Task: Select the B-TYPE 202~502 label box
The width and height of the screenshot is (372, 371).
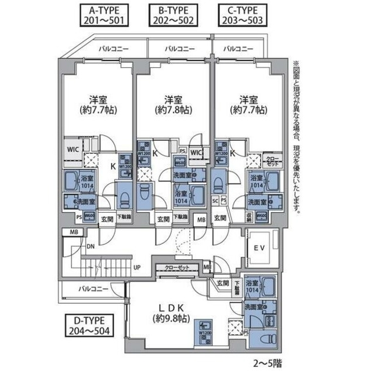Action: [171, 14]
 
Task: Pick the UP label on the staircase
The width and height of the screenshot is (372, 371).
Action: [136, 267]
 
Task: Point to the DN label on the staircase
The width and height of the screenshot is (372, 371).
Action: [91, 246]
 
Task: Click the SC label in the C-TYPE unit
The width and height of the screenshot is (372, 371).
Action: [215, 201]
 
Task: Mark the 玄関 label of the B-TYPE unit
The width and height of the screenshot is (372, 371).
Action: [163, 219]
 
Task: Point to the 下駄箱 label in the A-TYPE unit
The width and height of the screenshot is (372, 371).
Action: [123, 217]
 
